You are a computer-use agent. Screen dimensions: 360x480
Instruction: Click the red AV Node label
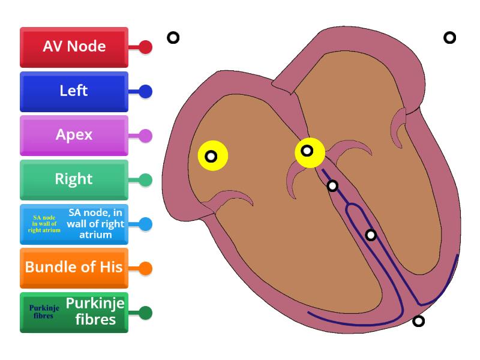tap(74, 47)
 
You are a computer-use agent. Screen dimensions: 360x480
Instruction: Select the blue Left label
tap(74, 91)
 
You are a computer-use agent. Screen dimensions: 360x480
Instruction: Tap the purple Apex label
tap(74, 135)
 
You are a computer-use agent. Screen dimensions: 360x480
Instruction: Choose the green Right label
tap(74, 179)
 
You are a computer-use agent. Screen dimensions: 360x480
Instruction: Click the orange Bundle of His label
tap(74, 268)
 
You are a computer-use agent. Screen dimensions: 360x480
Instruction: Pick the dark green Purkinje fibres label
tap(74, 312)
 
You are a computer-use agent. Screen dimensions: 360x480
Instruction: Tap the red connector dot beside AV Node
tap(145, 47)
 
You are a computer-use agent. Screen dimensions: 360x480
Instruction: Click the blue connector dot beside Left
tap(145, 92)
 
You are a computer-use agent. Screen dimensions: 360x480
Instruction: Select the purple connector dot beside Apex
tap(145, 136)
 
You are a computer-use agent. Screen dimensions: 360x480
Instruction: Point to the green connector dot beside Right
tap(145, 180)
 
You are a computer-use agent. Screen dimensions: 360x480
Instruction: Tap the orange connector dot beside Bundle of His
tap(145, 268)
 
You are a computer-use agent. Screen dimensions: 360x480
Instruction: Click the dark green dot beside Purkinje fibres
tap(145, 313)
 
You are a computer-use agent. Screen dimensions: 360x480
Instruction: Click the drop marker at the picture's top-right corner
tap(449, 38)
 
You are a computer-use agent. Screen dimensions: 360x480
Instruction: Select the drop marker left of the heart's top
tap(173, 38)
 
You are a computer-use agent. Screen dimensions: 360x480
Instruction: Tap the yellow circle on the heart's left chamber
tap(212, 156)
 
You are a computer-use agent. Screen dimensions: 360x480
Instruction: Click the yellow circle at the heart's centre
tap(308, 151)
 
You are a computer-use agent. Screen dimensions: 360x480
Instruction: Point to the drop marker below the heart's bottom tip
tap(418, 321)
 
